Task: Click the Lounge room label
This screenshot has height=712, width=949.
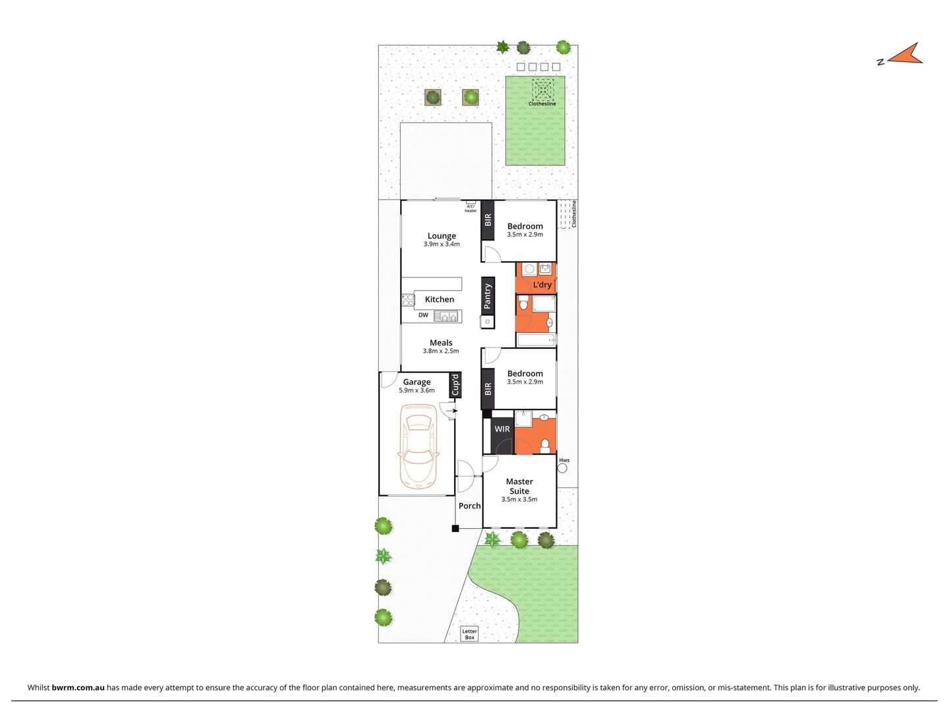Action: pos(442,236)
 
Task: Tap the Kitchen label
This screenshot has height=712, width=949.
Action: pos(440,299)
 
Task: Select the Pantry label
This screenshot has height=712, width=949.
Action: pos(488,296)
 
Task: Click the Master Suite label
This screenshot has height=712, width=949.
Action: pos(519,487)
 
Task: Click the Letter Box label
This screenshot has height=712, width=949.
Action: pos(469,634)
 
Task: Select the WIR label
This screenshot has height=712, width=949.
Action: pos(502,429)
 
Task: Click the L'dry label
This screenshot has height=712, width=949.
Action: pos(542,285)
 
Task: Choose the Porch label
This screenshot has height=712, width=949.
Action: pos(469,506)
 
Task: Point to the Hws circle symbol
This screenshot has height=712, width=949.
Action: pos(562,468)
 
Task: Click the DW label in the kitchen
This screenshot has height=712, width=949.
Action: pos(423,315)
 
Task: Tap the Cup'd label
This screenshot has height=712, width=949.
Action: pos(455,385)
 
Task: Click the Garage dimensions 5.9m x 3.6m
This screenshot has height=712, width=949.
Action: pos(417,390)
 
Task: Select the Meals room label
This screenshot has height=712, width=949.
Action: pos(441,343)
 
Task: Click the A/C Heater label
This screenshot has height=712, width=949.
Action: pos(471,208)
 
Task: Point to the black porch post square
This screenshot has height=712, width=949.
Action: pos(455,529)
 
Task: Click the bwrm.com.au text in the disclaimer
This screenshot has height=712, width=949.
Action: pos(78,688)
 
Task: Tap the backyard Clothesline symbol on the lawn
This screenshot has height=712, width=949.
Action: pos(542,90)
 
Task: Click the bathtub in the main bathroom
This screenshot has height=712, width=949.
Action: pos(536,340)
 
